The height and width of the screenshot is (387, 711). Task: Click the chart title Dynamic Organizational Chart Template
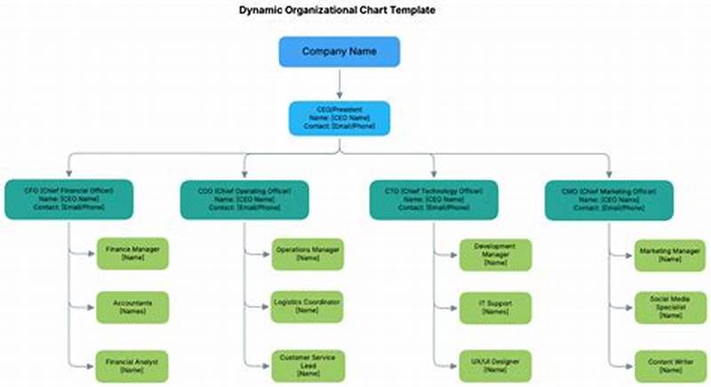point(337,11)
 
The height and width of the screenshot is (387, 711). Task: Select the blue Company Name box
point(339,52)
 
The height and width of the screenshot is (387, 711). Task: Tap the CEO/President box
point(339,117)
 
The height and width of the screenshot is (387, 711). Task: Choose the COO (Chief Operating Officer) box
point(245,199)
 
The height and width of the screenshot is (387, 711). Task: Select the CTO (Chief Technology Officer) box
point(435,199)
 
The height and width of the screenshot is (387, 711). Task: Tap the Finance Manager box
point(132,254)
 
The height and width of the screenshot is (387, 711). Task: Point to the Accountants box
point(132,308)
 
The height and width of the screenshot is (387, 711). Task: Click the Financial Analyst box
point(132,366)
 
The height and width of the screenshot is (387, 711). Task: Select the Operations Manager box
point(308,254)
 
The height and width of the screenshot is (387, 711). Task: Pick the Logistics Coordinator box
point(308,308)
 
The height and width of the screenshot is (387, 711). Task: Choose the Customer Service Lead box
point(308,366)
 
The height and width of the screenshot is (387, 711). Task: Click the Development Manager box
point(495,254)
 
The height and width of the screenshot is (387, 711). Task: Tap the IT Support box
point(495,308)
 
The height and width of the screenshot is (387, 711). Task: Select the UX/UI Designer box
point(495,366)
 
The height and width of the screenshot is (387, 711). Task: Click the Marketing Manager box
point(670,254)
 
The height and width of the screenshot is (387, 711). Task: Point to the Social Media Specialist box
point(670,308)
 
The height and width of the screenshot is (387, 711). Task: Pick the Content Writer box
point(670,366)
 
